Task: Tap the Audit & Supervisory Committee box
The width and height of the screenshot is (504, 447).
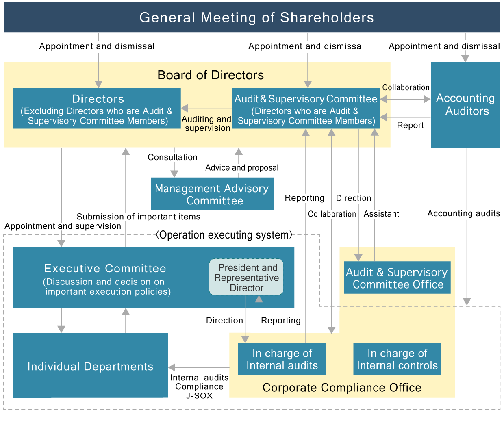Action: (x=306, y=108)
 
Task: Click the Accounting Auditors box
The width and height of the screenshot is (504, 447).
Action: (x=465, y=105)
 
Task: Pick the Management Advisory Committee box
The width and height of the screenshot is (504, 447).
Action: (x=212, y=194)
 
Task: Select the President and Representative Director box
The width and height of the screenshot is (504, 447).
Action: (x=246, y=278)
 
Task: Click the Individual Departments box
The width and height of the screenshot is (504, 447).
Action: (x=90, y=366)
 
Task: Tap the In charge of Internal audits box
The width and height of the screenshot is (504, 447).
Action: (x=282, y=359)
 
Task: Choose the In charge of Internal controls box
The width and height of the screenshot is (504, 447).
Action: (x=397, y=359)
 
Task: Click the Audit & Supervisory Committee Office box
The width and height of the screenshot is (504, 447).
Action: (x=397, y=278)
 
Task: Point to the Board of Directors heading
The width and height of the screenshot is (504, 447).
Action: (x=211, y=75)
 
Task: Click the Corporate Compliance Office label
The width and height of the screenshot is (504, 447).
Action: (x=342, y=388)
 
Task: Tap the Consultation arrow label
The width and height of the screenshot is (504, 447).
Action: (x=172, y=157)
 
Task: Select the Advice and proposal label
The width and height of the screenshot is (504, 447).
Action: (x=242, y=168)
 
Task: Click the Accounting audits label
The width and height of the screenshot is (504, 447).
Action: (x=463, y=213)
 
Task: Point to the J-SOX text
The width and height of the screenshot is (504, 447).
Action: (x=199, y=396)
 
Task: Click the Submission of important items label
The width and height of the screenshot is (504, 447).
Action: (x=139, y=217)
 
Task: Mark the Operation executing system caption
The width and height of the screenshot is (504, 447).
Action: (x=224, y=235)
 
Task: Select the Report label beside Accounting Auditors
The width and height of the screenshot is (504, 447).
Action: (x=410, y=125)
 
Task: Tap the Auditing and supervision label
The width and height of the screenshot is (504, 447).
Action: (x=207, y=124)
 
